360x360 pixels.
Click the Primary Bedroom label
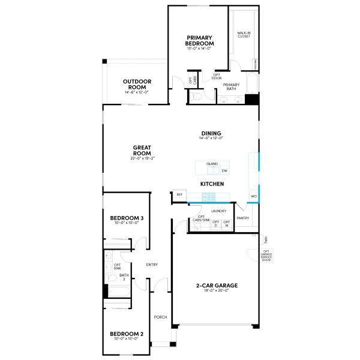coord(200,41)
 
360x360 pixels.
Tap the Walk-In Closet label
coord(243,35)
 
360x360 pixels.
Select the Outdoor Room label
coord(137,83)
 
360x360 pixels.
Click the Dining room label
coord(211,134)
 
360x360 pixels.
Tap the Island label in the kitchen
coord(212,163)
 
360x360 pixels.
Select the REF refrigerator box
coord(179,195)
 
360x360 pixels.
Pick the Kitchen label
coord(212,184)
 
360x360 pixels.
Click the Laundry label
coord(218,211)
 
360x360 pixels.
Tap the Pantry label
coord(243,218)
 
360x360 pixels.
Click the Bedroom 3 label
coord(126,218)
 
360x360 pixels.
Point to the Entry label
coord(152,265)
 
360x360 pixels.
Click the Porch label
coord(160,317)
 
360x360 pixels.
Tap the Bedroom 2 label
coord(126,335)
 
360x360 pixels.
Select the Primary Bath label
coord(231,86)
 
